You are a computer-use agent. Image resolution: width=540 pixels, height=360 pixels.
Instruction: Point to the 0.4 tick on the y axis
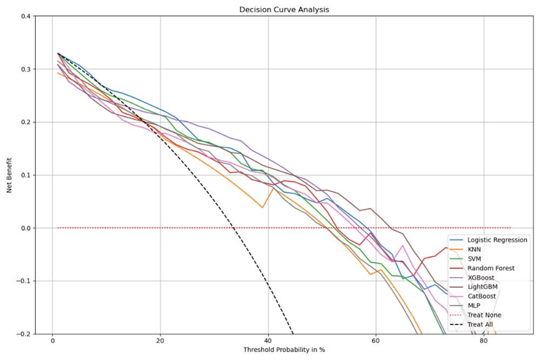coord(25,16)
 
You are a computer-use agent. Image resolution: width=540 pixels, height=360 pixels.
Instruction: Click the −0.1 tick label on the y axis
coord(23,281)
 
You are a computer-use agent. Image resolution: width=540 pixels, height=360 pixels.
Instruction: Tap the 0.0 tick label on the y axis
coord(25,228)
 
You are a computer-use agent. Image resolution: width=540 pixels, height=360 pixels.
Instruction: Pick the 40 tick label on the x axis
coord(268,342)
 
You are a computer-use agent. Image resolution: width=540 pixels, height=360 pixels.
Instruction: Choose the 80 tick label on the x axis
coord(483,342)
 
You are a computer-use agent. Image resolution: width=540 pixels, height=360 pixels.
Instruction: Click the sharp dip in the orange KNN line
coord(263,207)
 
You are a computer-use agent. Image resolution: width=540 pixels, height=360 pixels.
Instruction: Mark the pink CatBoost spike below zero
coord(402,245)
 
